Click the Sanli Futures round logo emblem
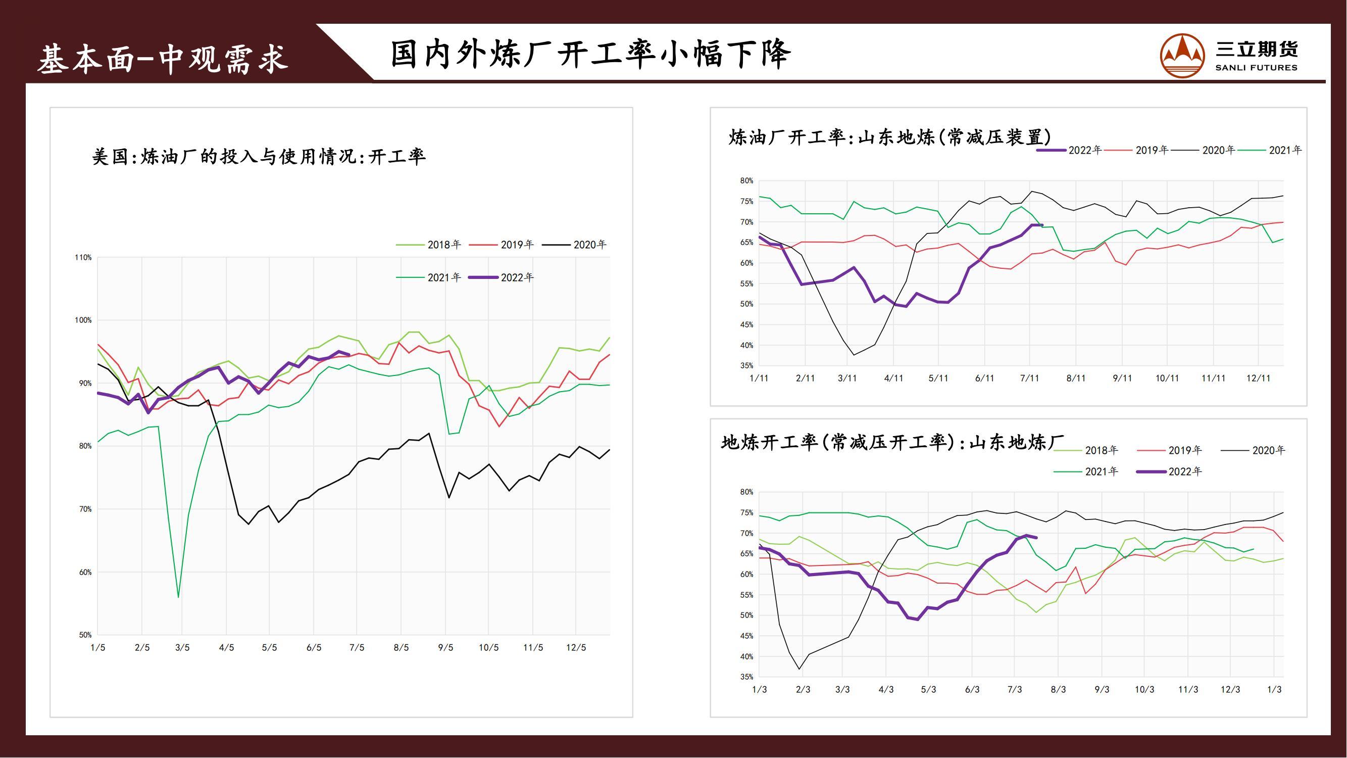pos(1182,56)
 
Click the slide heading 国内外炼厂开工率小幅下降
pos(590,54)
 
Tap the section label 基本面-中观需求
pos(163,59)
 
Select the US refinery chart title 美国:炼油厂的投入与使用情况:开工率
pos(259,157)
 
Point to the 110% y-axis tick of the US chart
pos(83,257)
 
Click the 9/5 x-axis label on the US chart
pos(445,648)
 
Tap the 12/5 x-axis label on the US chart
pos(576,648)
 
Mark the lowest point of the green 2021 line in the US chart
pos(178,597)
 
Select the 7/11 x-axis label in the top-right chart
pos(1030,378)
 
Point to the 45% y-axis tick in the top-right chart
pos(746,325)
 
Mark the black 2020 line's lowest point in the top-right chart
pos(854,355)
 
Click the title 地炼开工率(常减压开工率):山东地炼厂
pos(892,443)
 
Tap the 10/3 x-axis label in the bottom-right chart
pos(1144,689)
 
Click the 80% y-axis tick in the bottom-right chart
pos(746,492)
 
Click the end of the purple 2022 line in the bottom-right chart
pos(1036,538)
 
